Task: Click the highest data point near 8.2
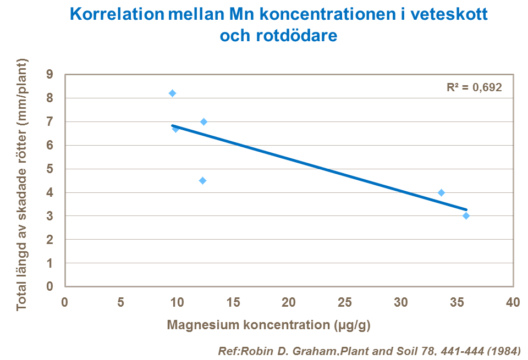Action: click(172, 93)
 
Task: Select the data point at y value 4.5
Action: click(202, 180)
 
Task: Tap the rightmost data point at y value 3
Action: click(466, 216)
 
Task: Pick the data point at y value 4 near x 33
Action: click(441, 192)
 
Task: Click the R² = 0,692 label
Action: click(474, 87)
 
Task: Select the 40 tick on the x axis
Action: click(513, 302)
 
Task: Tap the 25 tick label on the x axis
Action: click(344, 302)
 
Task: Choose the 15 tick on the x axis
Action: click(233, 302)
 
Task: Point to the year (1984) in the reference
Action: click(501, 351)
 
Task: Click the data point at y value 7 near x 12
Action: click(204, 121)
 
